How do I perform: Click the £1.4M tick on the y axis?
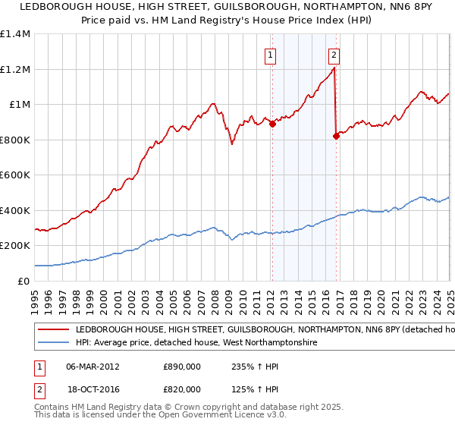point(15,34)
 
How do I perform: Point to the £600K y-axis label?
point(15,175)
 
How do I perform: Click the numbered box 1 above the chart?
point(271,55)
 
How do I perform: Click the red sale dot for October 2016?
point(336,137)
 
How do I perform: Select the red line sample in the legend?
point(53,330)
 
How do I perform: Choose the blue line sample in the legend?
point(53,343)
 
